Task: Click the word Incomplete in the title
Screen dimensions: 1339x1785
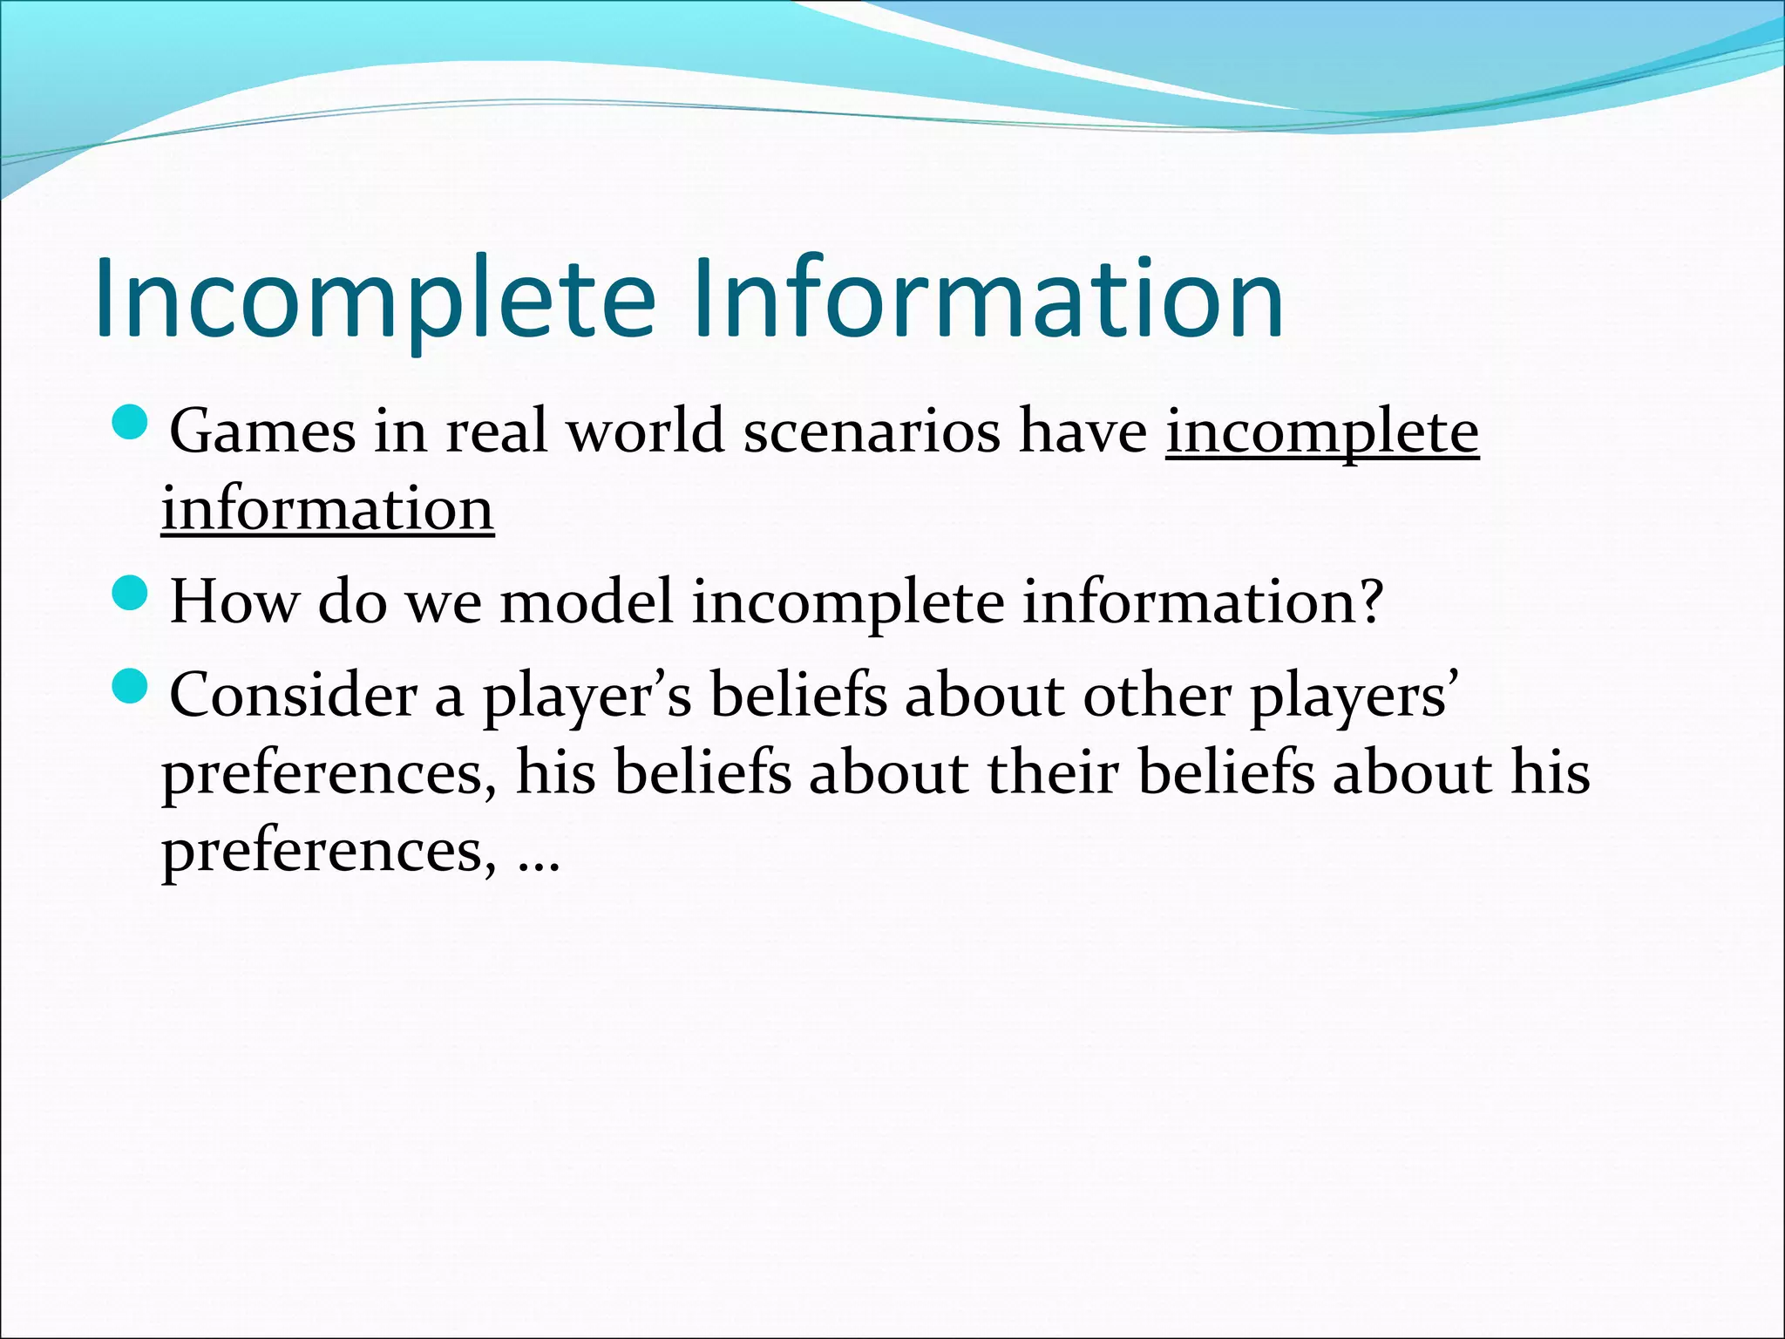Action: coord(375,298)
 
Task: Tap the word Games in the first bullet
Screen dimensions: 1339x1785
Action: coord(262,432)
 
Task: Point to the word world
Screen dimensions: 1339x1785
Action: coord(645,432)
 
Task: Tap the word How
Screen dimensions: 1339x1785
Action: coord(233,602)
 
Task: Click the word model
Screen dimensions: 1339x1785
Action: coord(586,602)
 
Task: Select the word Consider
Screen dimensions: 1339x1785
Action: coord(293,696)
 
